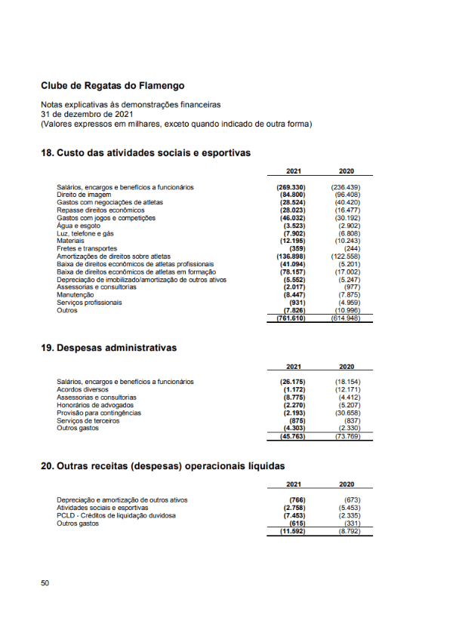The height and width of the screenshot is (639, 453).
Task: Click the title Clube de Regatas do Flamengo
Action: coord(112,86)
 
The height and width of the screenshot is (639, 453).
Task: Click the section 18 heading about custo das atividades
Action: coord(145,152)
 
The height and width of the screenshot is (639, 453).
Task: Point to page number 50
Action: coord(45,583)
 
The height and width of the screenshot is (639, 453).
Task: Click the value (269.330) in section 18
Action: coord(290,186)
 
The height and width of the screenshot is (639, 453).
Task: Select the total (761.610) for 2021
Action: coord(290,318)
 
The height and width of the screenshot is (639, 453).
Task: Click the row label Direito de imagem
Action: coord(84,195)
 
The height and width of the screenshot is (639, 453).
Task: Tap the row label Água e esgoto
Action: coord(79,226)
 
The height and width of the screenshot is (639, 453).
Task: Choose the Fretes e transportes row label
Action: coord(87,248)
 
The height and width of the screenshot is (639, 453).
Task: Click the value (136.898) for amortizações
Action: coord(290,257)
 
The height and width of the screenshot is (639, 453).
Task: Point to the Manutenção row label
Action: coord(75,295)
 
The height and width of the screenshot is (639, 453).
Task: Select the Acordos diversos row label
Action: coord(82,389)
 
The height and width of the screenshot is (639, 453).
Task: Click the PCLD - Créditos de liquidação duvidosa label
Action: coord(116,515)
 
